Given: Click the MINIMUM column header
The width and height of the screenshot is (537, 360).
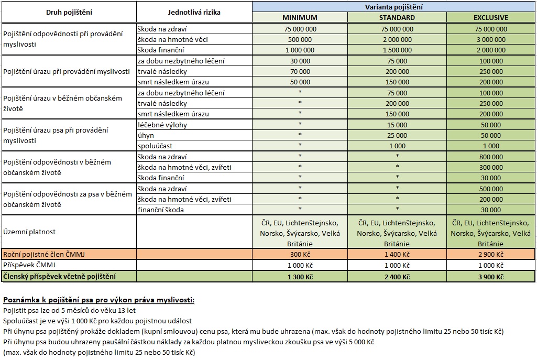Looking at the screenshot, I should [300, 18].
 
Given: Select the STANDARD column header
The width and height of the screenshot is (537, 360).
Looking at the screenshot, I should [397, 18].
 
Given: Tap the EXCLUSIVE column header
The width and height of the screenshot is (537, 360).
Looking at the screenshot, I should [491, 18].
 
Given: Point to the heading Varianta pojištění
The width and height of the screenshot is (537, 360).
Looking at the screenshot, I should [394, 7].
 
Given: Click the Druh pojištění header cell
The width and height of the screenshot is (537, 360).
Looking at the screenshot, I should [69, 12].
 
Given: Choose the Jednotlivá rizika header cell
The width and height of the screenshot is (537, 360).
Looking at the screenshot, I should [194, 12].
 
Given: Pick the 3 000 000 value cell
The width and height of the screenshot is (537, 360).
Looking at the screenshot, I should [491, 39].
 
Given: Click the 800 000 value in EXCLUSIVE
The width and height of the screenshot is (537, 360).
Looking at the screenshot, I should [491, 156].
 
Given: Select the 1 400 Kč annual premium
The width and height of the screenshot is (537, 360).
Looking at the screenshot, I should [397, 254].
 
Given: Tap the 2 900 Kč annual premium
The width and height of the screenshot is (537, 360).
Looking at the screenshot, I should [491, 254].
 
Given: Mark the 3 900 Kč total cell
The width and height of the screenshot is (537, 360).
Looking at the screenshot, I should [491, 277].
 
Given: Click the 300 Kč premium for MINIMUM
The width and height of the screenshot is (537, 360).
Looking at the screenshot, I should [300, 254].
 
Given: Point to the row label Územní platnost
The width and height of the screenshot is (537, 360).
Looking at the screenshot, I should [29, 231].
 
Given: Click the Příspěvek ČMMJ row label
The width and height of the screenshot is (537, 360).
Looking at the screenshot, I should [30, 265].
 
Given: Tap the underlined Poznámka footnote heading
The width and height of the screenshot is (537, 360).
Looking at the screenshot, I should [99, 300].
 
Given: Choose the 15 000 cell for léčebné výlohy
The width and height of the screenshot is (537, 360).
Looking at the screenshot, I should [397, 125].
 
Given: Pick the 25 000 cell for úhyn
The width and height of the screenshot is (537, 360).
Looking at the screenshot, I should [397, 135].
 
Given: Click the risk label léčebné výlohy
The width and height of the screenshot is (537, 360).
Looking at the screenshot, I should [162, 125].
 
